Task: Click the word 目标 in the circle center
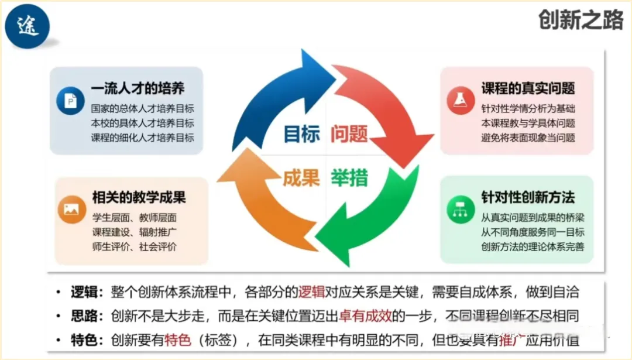(302, 134)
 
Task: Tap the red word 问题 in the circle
(349, 134)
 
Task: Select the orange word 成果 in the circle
(301, 178)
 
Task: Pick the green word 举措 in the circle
(349, 178)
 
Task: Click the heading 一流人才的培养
(138, 88)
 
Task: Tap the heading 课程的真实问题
(528, 88)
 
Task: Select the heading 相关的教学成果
(138, 197)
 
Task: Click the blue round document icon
(71, 100)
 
